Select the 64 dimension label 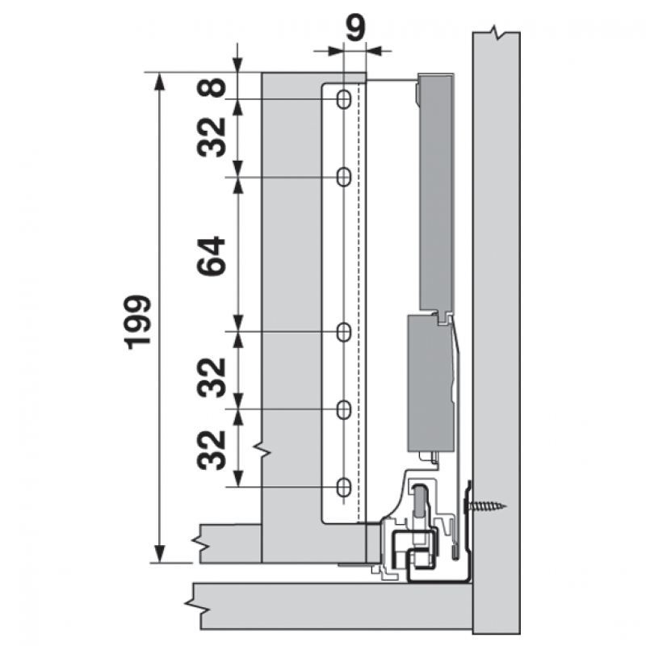coord(212,256)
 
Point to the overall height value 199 coord(139,321)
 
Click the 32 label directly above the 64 coord(212,137)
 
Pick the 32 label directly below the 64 coord(212,377)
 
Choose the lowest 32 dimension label coord(212,450)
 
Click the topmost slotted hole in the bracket coord(344,99)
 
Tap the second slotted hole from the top coord(344,177)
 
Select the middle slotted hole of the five coord(344,332)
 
